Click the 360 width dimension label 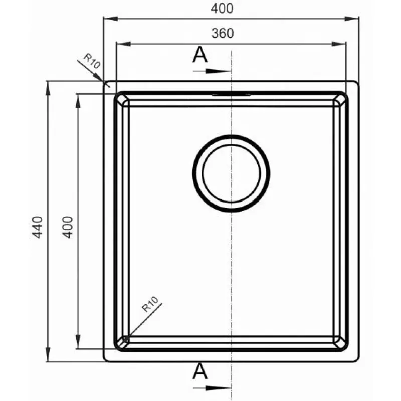click(223, 33)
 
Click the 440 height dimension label click(37, 227)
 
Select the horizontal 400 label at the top click(222, 8)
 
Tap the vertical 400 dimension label click(68, 227)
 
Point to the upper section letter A click(199, 55)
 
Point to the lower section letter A click(199, 371)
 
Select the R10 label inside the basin click(150, 304)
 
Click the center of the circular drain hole click(231, 173)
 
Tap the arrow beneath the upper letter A click(212, 71)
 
